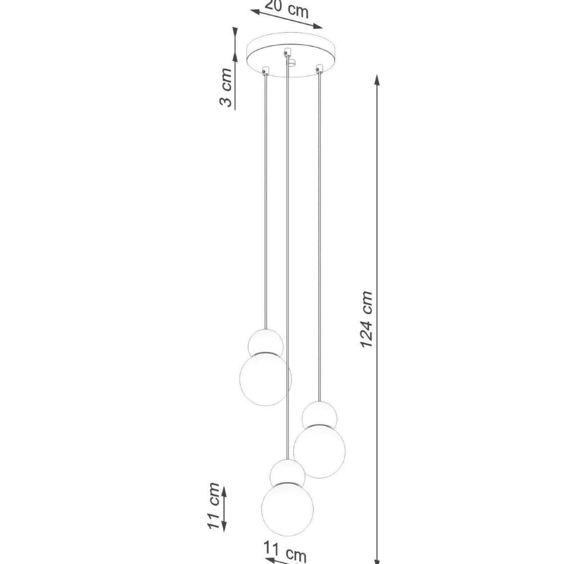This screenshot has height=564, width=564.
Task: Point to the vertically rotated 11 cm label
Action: tap(214, 505)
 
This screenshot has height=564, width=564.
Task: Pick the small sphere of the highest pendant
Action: tap(266, 342)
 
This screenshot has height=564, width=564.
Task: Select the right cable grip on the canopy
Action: tap(319, 68)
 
